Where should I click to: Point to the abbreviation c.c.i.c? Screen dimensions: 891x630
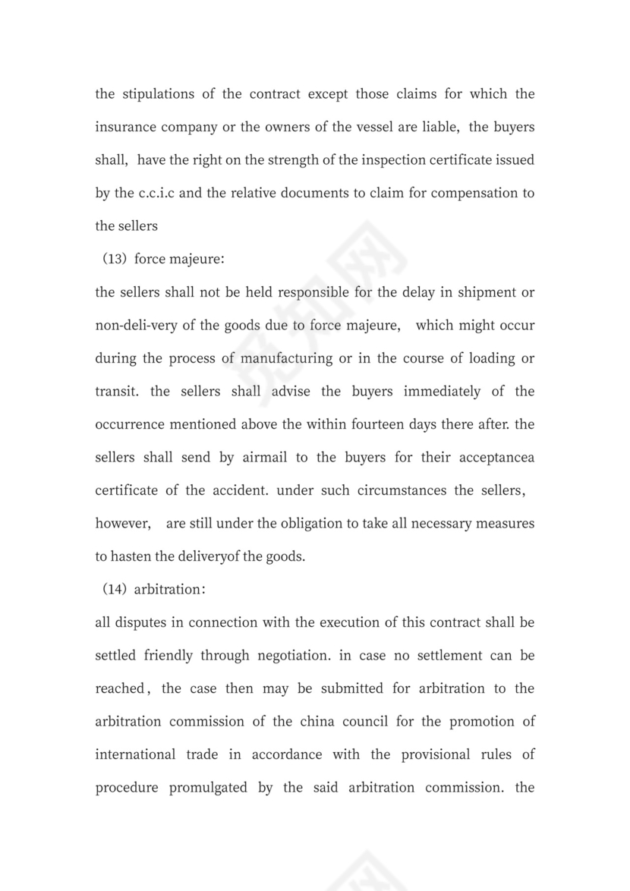tap(157, 194)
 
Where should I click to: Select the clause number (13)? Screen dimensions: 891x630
tap(114, 260)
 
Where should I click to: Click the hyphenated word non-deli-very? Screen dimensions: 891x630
tap(137, 326)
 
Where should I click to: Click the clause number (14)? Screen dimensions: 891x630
tap(114, 590)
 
